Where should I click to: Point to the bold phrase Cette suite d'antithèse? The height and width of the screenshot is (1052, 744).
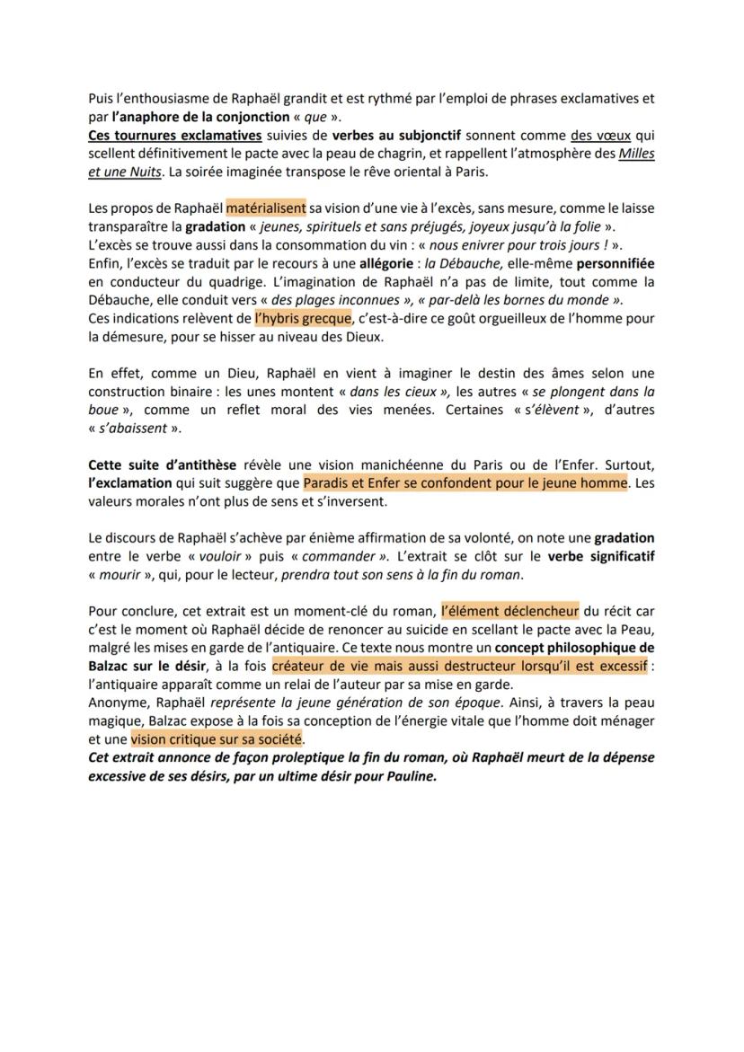coord(163,464)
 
